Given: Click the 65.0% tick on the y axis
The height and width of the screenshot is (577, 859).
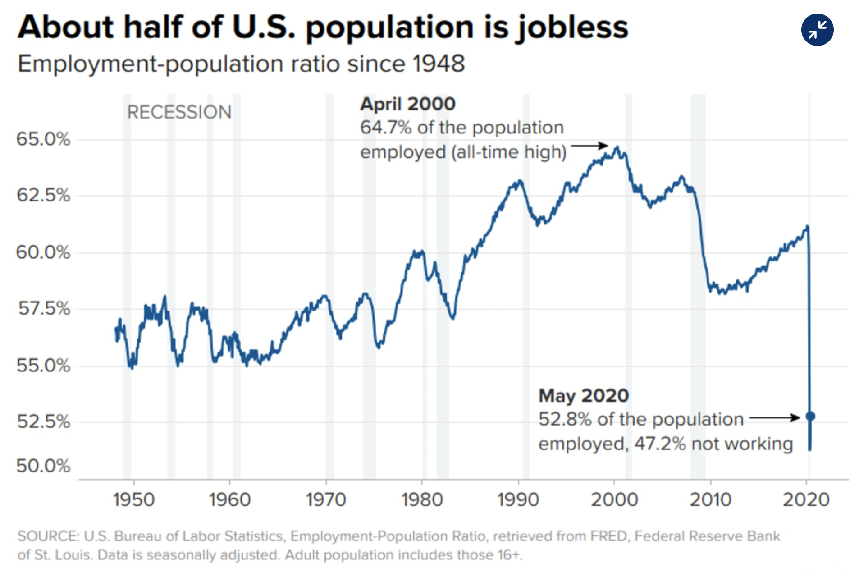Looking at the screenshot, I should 43,139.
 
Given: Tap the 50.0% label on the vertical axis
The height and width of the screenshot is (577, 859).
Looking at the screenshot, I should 43,466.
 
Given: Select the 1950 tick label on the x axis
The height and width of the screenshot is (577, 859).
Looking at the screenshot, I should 134,500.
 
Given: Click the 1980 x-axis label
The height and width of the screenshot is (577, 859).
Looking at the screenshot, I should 422,500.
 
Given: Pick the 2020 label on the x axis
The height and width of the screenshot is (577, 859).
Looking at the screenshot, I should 806,500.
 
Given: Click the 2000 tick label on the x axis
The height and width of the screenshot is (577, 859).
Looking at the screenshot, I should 614,500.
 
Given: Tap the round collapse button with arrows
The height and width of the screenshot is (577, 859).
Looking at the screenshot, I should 817,30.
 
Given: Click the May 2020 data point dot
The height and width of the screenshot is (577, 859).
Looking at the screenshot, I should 810,416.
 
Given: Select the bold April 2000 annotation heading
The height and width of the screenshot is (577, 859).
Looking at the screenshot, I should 408,104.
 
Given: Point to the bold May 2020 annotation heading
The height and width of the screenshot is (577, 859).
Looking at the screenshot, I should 584,396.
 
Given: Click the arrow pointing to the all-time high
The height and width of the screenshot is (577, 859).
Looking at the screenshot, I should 589,146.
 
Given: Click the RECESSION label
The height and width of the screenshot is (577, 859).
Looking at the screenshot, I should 179,112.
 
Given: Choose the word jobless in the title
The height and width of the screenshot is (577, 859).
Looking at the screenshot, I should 572,27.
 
